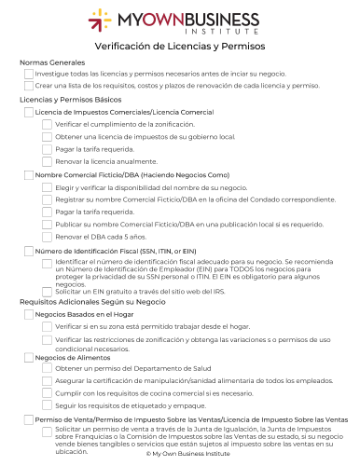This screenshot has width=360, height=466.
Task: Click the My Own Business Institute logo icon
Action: coord(100,20)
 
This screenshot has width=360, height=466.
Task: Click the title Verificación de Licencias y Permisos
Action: coord(180,46)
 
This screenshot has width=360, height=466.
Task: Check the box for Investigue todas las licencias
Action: coord(28,74)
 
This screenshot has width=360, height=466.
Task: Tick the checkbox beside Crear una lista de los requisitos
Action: coord(28,86)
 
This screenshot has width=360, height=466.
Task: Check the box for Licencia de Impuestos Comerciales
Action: coord(28,112)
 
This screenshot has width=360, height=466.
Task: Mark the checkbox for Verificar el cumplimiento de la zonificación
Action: coord(47,124)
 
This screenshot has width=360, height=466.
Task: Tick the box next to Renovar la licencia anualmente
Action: coord(47,161)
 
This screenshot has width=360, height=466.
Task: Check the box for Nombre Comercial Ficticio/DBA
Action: coord(28,175)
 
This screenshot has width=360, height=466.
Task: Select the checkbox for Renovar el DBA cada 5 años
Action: coord(47,237)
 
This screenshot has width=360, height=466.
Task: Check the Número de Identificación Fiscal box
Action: coord(28,251)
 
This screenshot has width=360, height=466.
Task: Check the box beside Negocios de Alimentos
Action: coord(28,357)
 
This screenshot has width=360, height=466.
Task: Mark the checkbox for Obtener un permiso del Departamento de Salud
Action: coord(47,369)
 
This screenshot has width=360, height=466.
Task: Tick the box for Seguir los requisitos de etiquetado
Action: coord(47,406)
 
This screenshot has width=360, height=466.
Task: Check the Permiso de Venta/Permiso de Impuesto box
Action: coord(28,420)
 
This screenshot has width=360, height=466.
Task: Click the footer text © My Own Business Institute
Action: coord(180,453)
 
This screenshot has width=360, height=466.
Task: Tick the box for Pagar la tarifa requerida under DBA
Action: coord(47,212)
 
